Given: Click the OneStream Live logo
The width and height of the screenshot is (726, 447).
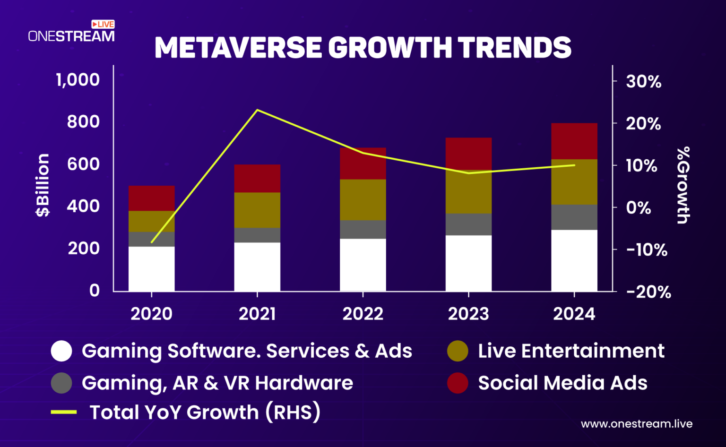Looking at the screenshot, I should (71, 32).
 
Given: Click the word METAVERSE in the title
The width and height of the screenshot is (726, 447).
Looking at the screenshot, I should (238, 48).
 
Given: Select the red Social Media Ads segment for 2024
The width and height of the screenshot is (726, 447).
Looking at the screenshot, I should (574, 141).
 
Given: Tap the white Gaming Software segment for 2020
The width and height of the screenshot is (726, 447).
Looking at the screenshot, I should (151, 268).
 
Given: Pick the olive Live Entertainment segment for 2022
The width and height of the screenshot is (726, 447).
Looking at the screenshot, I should (363, 199).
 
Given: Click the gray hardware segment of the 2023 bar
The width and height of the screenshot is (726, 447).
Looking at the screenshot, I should (468, 224).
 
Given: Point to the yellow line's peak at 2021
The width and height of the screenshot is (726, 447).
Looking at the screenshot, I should (257, 110).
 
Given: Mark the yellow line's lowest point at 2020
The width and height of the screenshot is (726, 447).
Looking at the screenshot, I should (152, 242).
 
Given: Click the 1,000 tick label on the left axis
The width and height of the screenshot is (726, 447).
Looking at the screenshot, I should (78, 80).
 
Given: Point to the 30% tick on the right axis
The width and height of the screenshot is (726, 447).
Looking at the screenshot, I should (643, 82).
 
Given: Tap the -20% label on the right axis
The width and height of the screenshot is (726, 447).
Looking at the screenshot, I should (648, 292).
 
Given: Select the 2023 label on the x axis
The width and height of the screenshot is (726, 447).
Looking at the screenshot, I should (468, 314).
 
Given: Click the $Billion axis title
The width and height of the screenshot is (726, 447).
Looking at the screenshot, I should (43, 185).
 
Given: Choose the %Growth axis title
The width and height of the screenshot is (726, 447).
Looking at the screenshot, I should (683, 185).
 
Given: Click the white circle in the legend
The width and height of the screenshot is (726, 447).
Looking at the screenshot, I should (61, 351).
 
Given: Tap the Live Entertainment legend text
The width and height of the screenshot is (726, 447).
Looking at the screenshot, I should (571, 351).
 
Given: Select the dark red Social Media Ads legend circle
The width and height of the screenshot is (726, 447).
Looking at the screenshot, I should (458, 383).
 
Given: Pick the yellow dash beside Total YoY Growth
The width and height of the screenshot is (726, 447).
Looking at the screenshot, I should (64, 412).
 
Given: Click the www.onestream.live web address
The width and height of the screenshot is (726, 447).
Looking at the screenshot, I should (636, 424).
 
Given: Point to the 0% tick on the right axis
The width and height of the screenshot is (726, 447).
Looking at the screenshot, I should (638, 208).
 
